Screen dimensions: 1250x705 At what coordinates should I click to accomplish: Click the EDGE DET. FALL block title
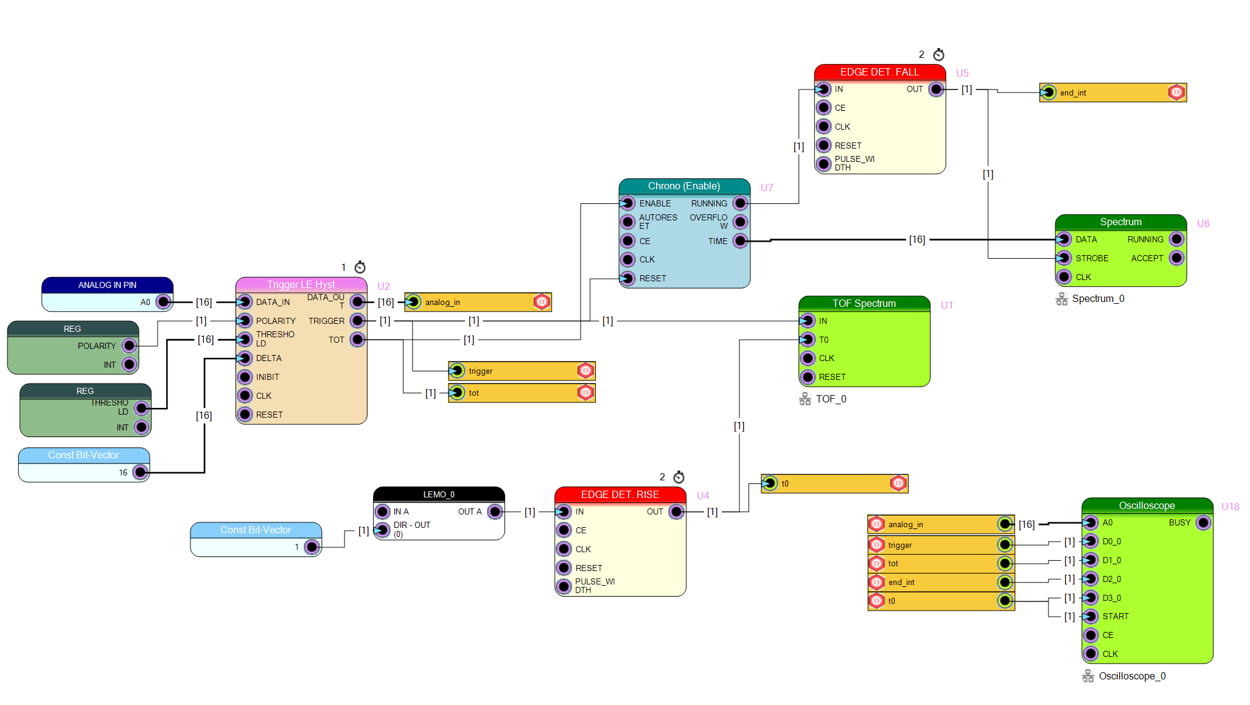[x=879, y=72]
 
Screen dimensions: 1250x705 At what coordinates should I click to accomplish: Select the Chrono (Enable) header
[x=684, y=186]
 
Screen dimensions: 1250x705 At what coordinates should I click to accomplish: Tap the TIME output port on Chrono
[x=740, y=241]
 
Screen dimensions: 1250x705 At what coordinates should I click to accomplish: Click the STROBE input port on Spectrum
[x=1064, y=258]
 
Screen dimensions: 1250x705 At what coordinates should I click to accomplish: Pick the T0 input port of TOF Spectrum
[x=808, y=340]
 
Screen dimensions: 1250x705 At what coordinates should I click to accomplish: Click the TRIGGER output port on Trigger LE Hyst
[x=358, y=321]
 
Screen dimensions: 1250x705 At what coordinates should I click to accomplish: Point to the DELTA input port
[x=245, y=358]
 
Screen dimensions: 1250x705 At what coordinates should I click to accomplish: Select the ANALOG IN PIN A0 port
[x=163, y=302]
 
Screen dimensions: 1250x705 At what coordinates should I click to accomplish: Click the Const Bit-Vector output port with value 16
[x=141, y=472]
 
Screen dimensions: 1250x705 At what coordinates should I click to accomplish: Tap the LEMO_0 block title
[x=439, y=494]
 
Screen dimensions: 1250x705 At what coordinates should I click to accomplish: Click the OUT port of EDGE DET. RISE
[x=676, y=512]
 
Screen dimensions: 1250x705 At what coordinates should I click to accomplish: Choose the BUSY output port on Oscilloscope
[x=1203, y=522]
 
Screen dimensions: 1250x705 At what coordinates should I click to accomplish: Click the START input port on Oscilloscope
[x=1091, y=616]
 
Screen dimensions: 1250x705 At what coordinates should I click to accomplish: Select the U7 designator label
[x=767, y=188]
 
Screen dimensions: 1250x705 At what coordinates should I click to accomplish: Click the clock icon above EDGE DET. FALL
[x=939, y=54]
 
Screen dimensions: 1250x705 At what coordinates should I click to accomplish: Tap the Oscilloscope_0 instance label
[x=1132, y=676]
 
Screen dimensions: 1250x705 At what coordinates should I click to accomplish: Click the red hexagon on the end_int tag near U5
[x=1176, y=93]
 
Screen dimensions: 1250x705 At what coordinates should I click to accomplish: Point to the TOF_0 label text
[x=831, y=399]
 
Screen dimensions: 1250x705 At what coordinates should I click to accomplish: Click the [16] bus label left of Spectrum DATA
[x=917, y=240]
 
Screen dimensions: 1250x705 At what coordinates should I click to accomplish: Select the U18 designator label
[x=1230, y=507]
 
